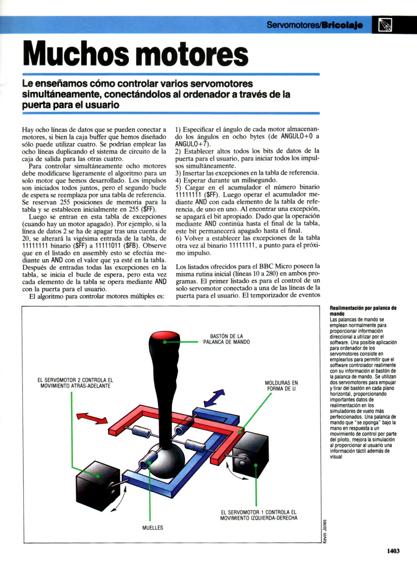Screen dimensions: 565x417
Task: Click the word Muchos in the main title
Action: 76,54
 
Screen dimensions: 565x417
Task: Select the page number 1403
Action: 393,551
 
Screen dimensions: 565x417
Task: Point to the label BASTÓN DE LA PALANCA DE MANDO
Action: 226,339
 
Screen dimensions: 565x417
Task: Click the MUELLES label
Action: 152,528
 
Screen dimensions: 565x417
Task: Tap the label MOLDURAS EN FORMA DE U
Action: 281,386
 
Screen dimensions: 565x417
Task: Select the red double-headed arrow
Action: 92,418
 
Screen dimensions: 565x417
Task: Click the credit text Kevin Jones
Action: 324,531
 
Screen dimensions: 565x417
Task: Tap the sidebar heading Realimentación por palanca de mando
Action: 363,311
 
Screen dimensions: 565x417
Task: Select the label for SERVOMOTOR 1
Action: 259,515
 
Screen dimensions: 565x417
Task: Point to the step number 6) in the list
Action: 179,238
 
